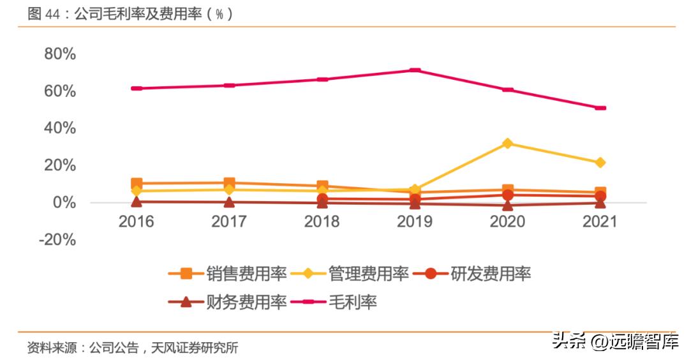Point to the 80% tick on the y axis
[60, 54]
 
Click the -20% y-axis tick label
[57, 239]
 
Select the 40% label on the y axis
[60, 128]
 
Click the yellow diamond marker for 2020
[508, 144]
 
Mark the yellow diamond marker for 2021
[600, 163]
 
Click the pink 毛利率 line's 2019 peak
[415, 70]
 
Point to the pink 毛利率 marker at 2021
[600, 108]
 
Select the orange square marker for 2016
[137, 184]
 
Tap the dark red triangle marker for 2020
[508, 205]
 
